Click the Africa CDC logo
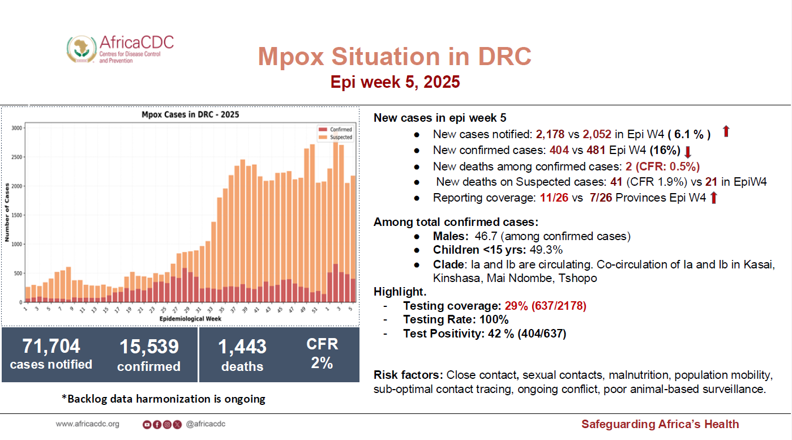[120, 49]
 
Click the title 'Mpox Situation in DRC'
[395, 57]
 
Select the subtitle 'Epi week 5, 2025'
[395, 83]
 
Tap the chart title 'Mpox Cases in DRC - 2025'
[190, 115]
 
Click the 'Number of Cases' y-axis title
[7, 212]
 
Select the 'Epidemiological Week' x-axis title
[190, 319]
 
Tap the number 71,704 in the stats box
[51, 346]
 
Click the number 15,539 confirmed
[149, 347]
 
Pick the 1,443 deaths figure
[242, 347]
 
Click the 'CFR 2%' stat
[322, 353]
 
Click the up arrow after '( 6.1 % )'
[726, 133]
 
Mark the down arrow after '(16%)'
[688, 152]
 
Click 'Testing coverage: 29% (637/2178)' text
[494, 306]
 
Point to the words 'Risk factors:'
[408, 375]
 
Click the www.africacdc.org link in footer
[87, 424]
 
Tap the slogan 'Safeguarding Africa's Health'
[660, 424]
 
